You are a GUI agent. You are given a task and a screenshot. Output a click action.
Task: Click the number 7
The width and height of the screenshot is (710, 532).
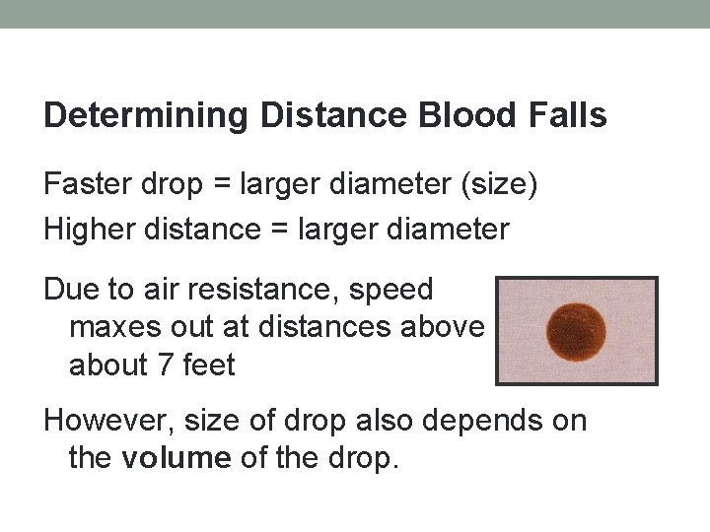coord(165,366)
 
